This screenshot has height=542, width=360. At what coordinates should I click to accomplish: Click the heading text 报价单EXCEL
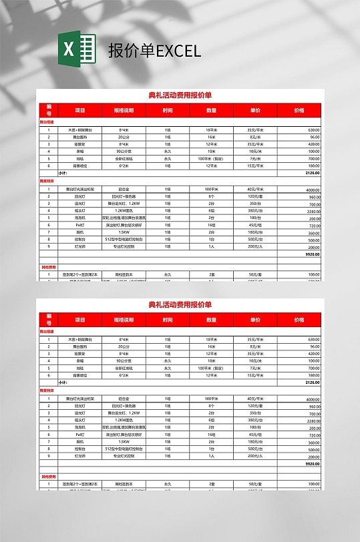coord(154,51)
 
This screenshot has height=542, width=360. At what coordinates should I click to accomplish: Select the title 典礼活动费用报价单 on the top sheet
coord(180,95)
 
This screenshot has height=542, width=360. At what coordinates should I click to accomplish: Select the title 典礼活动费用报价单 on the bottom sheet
coord(180,304)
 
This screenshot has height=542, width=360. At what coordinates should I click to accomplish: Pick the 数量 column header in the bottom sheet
coord(211,320)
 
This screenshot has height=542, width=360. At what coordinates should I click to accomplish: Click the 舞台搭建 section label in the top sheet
coord(47,122)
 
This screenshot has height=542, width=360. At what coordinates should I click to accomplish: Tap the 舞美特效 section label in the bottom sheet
coord(47,390)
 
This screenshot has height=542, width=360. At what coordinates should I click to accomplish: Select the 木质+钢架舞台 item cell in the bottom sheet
coord(80,339)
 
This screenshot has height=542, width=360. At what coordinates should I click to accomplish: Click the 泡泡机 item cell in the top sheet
coord(80,218)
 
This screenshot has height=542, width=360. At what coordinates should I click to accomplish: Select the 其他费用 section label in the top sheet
coord(48,267)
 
